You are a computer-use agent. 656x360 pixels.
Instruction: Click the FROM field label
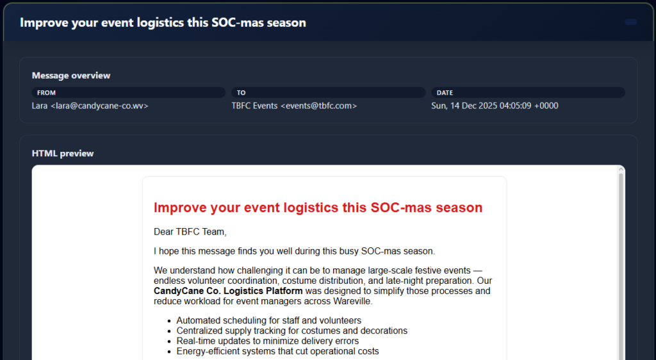[46, 93]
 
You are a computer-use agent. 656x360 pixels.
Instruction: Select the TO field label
[242, 93]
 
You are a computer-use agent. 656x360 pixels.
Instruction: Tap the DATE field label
[445, 93]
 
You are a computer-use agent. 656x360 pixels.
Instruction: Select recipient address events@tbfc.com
[318, 106]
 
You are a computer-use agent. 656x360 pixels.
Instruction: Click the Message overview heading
[71, 76]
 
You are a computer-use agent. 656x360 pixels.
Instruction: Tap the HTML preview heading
[63, 154]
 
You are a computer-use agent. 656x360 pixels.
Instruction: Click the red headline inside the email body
[318, 208]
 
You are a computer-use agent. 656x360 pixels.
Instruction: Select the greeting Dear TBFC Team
[190, 232]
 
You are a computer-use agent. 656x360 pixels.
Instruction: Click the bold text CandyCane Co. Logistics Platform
[228, 291]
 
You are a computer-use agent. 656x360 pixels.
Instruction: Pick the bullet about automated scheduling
[268, 320]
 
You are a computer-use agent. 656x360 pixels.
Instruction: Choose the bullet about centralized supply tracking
[291, 331]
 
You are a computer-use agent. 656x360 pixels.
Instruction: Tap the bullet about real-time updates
[267, 341]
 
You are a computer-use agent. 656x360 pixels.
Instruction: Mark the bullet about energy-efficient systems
[277, 351]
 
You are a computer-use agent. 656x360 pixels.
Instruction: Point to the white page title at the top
[163, 22]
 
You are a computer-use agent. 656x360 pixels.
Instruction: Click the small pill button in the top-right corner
[630, 22]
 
